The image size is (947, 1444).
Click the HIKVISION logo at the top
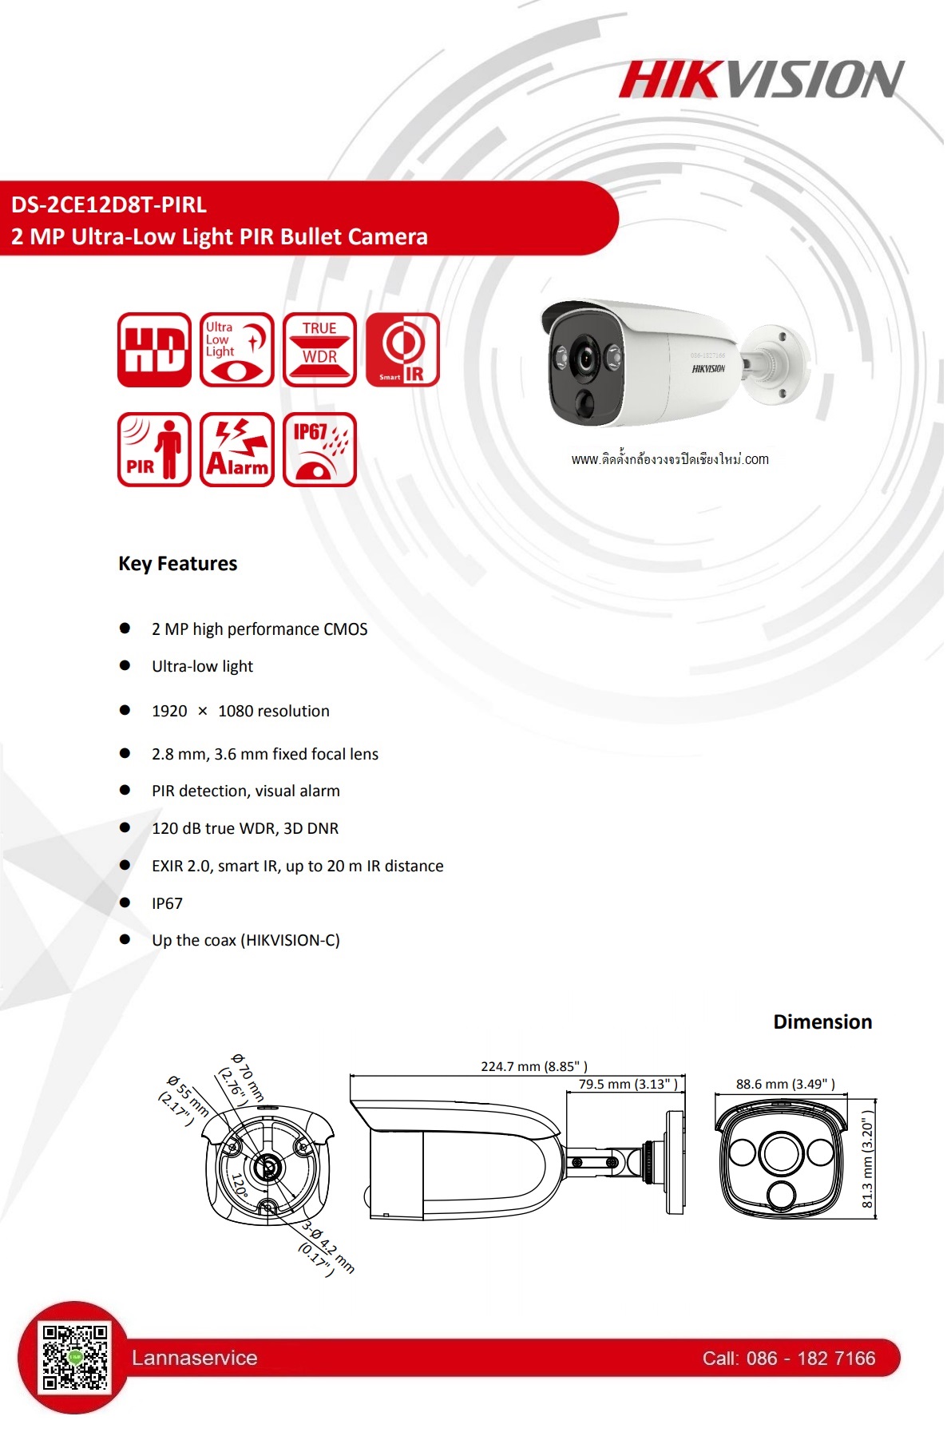[x=761, y=80]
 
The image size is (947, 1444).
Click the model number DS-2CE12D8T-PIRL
[x=109, y=205]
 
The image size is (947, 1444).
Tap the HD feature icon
[x=154, y=350]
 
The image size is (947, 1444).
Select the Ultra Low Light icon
[x=236, y=350]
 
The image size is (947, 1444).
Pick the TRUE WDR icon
[x=319, y=350]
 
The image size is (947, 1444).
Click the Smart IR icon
[x=402, y=350]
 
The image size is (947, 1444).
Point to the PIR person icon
[x=154, y=450]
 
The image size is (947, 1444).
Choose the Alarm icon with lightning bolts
[x=236, y=450]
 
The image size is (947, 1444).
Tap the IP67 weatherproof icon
[x=319, y=450]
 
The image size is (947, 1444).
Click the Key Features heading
[x=177, y=564]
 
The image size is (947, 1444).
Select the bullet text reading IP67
[x=167, y=903]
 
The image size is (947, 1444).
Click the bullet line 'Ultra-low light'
[x=202, y=666]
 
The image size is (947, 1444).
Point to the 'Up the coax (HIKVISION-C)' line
[x=245, y=940]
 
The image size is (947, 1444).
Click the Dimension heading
[x=822, y=1022]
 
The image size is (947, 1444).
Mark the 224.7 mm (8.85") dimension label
[x=533, y=1066]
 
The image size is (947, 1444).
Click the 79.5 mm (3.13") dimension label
[x=628, y=1084]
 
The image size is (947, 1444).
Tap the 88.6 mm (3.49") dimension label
[x=785, y=1084]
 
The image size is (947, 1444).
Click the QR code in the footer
[x=75, y=1357]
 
